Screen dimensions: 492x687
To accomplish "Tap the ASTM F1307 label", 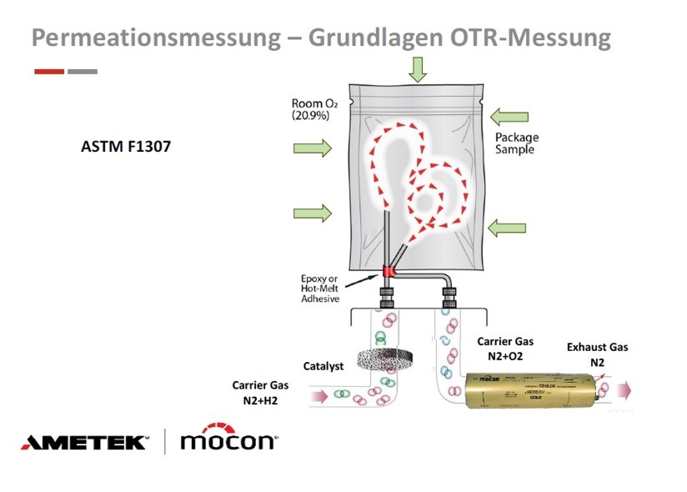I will (x=126, y=146).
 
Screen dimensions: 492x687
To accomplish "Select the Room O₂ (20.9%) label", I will (x=310, y=109).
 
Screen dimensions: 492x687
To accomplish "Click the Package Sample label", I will (x=516, y=143).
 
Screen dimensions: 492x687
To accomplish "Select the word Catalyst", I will (x=323, y=366).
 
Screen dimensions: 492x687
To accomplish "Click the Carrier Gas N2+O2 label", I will (x=504, y=348).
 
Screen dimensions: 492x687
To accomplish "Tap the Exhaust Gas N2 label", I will (x=597, y=354).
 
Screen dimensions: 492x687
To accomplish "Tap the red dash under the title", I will (x=49, y=72).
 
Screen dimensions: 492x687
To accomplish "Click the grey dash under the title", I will (x=82, y=72).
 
